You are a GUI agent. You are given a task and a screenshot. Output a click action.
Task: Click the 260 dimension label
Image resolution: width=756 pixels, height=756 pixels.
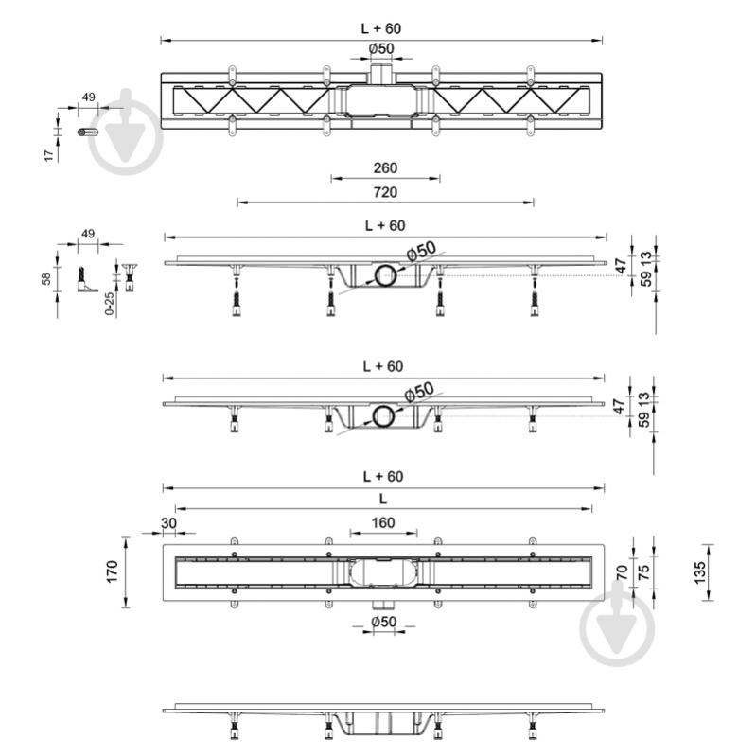pos(385,167)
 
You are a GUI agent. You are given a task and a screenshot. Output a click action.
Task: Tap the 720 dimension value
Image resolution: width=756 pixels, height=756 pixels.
pos(385,192)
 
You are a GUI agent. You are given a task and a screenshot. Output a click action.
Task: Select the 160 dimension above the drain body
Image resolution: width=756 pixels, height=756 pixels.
pos(383,522)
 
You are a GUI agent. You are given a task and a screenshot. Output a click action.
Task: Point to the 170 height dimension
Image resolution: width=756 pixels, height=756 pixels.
pos(112,571)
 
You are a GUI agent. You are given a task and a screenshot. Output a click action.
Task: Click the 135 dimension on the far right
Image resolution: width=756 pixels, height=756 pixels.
pos(699,572)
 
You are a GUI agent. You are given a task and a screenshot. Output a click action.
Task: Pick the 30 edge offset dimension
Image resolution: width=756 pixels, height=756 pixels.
pos(168,522)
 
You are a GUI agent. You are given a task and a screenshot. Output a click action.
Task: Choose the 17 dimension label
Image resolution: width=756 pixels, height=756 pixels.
pos(48,155)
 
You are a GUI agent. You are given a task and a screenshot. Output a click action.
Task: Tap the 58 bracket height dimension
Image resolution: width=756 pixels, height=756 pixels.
pos(46,279)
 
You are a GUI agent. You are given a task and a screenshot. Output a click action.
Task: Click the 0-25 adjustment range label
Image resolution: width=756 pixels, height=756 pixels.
pos(110,304)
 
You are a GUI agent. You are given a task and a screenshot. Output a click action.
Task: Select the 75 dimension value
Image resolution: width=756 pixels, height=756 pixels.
pos(643,572)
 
